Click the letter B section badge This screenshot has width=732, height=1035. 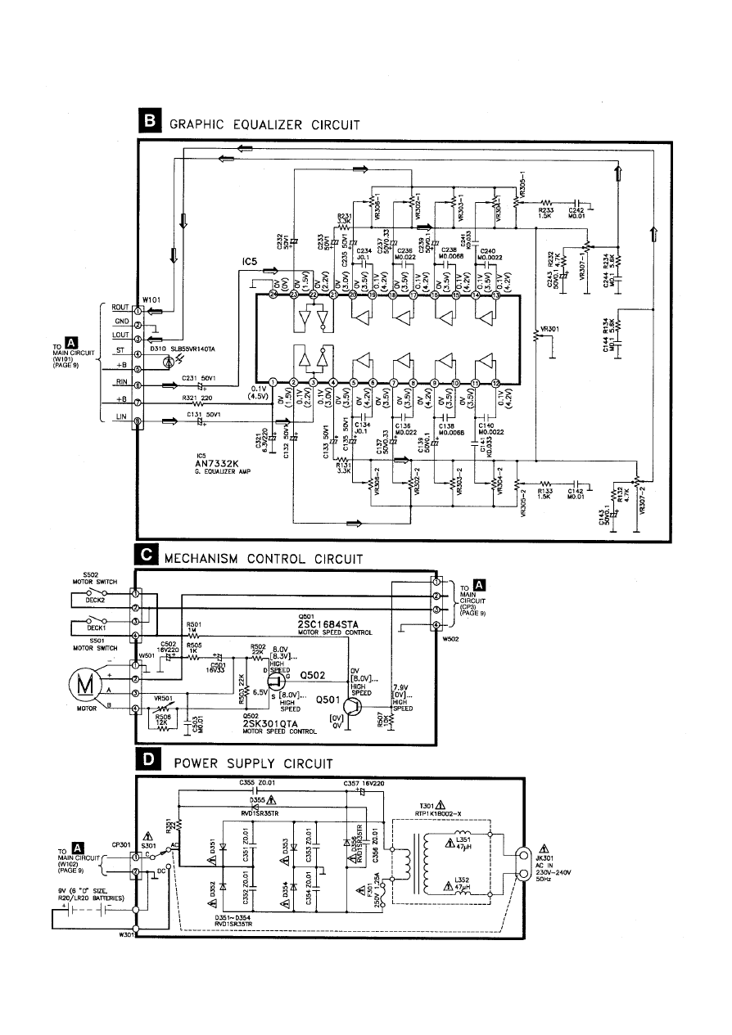click(x=152, y=124)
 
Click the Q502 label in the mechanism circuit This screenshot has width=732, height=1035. click(x=315, y=676)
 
